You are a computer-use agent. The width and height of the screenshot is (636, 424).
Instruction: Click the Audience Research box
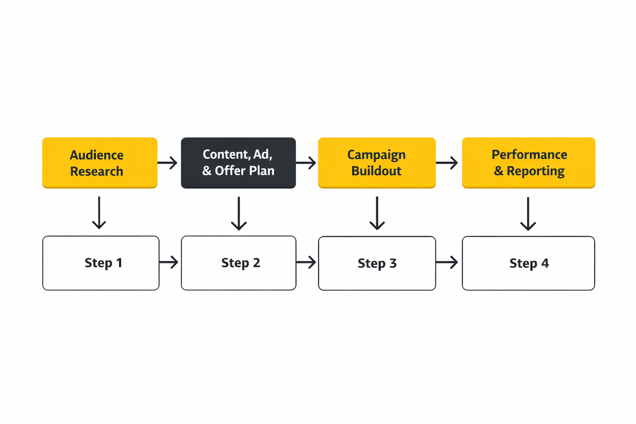(x=100, y=163)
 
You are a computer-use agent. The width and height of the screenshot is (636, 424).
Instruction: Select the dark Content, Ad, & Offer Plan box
(x=238, y=163)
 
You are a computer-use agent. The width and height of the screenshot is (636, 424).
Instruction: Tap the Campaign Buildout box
(x=376, y=163)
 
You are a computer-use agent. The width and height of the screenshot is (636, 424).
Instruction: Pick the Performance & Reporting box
(x=528, y=163)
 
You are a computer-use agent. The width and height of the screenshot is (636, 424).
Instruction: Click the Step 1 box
(x=101, y=263)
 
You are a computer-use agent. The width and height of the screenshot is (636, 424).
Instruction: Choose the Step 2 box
(x=238, y=263)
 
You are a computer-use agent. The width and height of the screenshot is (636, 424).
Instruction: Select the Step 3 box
(x=377, y=263)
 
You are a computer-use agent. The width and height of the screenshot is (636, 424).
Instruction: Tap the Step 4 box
(x=528, y=263)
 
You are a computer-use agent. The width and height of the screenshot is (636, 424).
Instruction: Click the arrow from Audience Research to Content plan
(x=168, y=163)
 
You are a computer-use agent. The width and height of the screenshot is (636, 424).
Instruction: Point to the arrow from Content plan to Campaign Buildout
(x=306, y=163)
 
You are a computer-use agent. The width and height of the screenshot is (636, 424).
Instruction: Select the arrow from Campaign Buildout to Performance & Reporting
(x=447, y=163)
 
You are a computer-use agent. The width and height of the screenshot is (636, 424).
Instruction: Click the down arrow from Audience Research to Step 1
(x=99, y=213)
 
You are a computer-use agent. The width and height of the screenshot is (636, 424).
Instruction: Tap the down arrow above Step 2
(x=239, y=213)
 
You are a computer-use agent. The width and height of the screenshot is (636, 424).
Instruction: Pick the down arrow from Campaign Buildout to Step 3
(x=377, y=213)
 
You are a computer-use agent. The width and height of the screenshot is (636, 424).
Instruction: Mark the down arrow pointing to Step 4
(x=528, y=214)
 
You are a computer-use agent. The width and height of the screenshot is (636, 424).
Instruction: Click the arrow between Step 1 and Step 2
(x=169, y=262)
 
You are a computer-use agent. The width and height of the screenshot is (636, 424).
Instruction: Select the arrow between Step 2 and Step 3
(x=306, y=262)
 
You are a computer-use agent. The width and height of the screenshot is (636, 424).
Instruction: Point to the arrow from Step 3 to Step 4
(x=447, y=262)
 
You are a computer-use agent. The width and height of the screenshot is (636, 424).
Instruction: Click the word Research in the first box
(x=96, y=171)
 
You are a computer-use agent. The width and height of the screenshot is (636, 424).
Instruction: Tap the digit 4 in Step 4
(x=545, y=263)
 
